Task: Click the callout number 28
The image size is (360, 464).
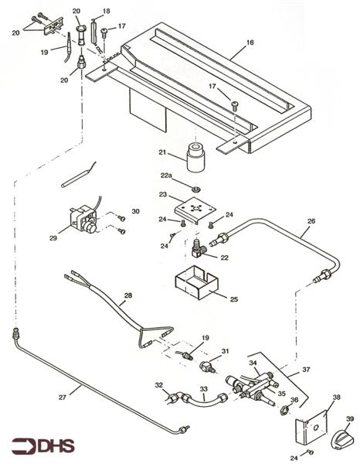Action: coord(128,295)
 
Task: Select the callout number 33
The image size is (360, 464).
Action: coord(204,389)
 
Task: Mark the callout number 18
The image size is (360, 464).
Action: coord(107,12)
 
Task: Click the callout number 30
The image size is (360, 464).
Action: coord(135,212)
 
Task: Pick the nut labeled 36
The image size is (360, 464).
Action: coord(285,410)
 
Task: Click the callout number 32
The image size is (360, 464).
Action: coord(158,384)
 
